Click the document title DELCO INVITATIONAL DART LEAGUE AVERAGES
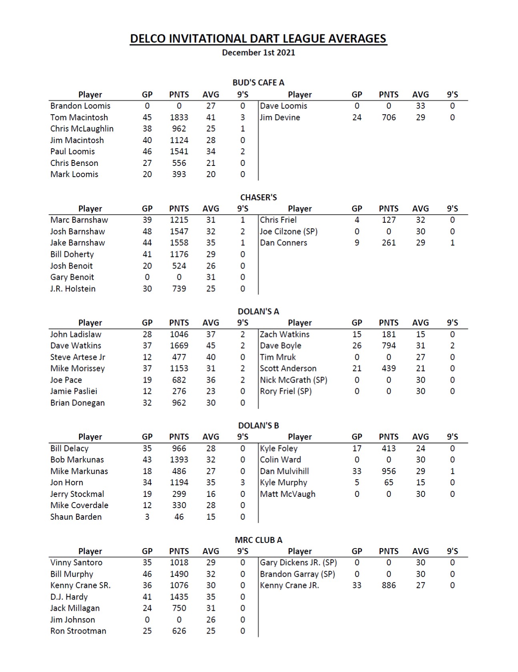[258, 39]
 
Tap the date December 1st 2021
[258, 52]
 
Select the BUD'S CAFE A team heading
[258, 83]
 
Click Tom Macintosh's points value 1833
[179, 118]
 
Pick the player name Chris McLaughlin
[82, 129]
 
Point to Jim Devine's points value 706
[388, 118]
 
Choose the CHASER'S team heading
[258, 197]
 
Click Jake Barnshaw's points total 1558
[179, 243]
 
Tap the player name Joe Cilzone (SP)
[288, 231]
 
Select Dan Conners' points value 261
[388, 243]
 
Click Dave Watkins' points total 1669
[179, 345]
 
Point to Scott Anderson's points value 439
[388, 368]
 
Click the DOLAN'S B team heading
[258, 425]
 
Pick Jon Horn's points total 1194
[179, 483]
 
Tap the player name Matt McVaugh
[288, 494]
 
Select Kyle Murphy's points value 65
[388, 483]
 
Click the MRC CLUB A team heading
[258, 540]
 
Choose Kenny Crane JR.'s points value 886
[388, 585]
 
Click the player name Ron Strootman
[78, 631]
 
